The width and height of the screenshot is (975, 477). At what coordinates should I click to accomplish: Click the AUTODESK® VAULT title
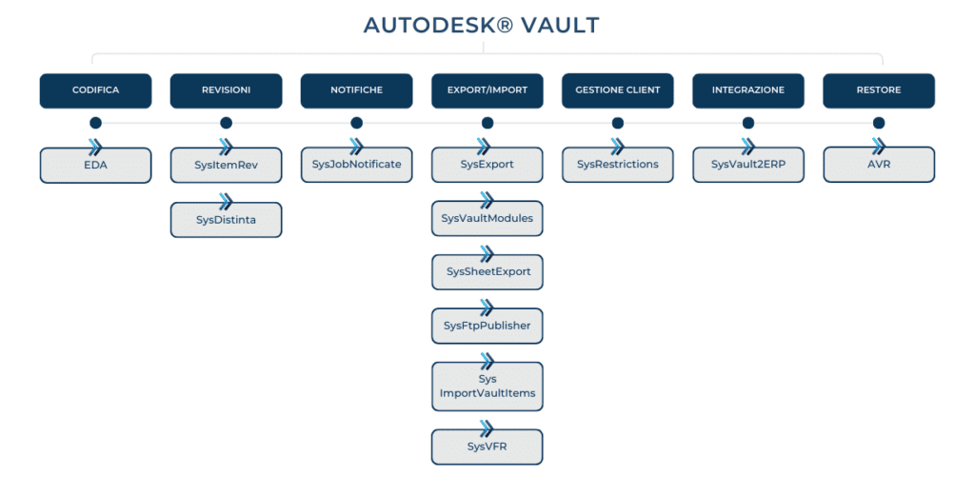482,25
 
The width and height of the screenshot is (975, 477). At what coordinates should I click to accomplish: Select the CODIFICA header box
96,90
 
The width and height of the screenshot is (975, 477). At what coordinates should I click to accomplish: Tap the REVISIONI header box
227,90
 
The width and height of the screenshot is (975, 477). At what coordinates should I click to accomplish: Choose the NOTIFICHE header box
357,90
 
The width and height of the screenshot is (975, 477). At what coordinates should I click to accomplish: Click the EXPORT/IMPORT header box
487,90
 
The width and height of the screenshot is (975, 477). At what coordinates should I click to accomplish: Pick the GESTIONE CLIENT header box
618,90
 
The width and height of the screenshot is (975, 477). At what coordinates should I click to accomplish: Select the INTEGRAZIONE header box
748,90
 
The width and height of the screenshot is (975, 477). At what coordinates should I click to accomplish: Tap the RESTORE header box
879,90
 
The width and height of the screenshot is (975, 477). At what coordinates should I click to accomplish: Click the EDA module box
96,166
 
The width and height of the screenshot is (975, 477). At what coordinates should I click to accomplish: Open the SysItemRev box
227,166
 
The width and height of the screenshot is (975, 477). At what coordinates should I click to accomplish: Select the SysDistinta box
227,220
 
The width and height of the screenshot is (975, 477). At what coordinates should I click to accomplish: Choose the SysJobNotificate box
357,166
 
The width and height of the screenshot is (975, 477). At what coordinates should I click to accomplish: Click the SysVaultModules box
487,219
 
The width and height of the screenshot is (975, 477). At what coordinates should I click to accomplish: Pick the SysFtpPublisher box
487,326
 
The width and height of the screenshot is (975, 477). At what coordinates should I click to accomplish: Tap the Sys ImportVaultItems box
487,387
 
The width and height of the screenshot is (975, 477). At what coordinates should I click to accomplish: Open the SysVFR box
487,447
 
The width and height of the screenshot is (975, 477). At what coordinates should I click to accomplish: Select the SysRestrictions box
618,166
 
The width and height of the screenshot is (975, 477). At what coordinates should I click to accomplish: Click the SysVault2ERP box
748,166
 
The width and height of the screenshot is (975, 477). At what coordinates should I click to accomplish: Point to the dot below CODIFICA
96,123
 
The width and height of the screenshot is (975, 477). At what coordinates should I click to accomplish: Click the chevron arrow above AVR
879,147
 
